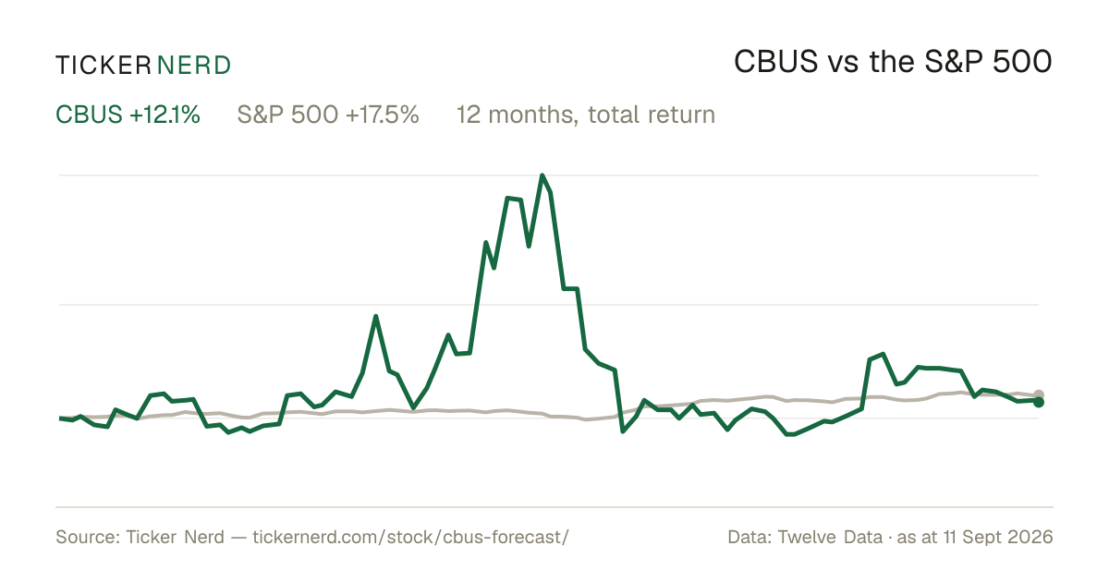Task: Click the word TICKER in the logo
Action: pos(104,66)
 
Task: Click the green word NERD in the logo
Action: pos(193,66)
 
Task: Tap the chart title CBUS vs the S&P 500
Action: pos(893,62)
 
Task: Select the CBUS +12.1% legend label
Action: pos(128,115)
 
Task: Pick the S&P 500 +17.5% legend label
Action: pos(328,115)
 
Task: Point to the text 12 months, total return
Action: pos(586,115)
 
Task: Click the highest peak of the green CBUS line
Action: pos(542,176)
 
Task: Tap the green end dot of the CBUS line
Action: pos(1039,403)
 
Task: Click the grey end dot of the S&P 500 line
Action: pos(1039,394)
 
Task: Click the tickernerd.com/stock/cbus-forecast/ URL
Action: pos(411,537)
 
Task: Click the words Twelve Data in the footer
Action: pos(830,537)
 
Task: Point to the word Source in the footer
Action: pos(85,537)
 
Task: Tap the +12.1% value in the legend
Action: pos(165,115)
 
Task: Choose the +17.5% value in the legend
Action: pos(383,115)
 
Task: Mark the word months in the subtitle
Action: pos(532,115)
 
